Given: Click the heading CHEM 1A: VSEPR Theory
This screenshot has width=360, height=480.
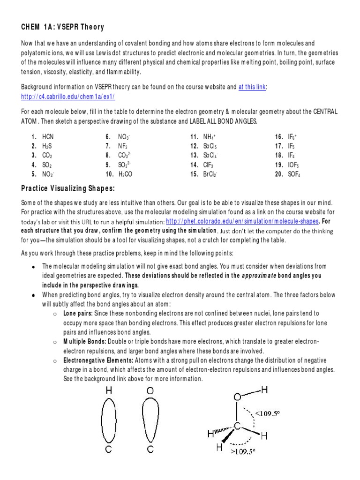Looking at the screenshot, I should point(62,27).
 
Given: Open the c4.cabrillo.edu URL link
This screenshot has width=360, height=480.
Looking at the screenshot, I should point(68,96).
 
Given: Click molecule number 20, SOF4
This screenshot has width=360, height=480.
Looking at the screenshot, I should point(293,174).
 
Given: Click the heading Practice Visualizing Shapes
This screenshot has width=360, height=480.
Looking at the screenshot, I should point(68,188).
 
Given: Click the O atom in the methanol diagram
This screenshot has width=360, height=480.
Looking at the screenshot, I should point(238,397).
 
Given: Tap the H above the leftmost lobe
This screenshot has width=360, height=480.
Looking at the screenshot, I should point(109,390).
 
